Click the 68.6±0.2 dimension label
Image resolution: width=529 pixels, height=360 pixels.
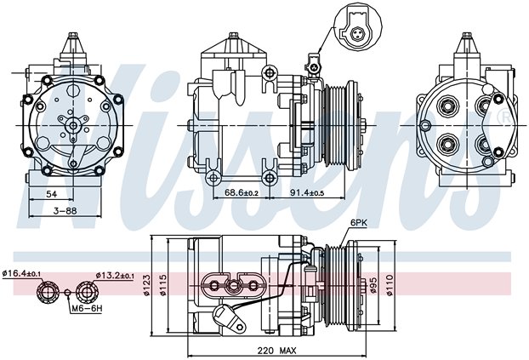(242, 192)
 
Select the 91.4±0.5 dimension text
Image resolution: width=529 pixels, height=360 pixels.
(307, 192)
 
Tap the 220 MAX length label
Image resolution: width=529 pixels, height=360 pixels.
(276, 351)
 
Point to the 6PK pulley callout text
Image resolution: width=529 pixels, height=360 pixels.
(358, 222)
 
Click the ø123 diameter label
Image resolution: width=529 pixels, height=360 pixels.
(147, 285)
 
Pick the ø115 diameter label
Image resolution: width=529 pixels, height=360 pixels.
(163, 285)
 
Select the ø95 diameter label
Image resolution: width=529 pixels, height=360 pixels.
(373, 285)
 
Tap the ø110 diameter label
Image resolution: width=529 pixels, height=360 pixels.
(390, 285)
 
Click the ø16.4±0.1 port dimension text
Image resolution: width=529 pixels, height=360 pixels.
(21, 273)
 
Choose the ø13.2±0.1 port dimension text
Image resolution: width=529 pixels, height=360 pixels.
(115, 276)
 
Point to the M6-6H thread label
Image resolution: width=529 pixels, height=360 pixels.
(87, 308)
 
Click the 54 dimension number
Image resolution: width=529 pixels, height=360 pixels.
(52, 194)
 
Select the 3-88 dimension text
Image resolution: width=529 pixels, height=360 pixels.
(65, 211)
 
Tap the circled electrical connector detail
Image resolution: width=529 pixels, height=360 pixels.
(357, 28)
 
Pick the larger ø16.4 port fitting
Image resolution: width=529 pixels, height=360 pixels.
(47, 291)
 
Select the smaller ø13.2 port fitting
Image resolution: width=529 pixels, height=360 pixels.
(87, 291)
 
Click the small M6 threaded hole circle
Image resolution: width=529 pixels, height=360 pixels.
(67, 292)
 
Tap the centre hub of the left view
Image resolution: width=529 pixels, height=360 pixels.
(73, 126)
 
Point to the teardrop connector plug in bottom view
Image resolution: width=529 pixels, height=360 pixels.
(229, 317)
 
